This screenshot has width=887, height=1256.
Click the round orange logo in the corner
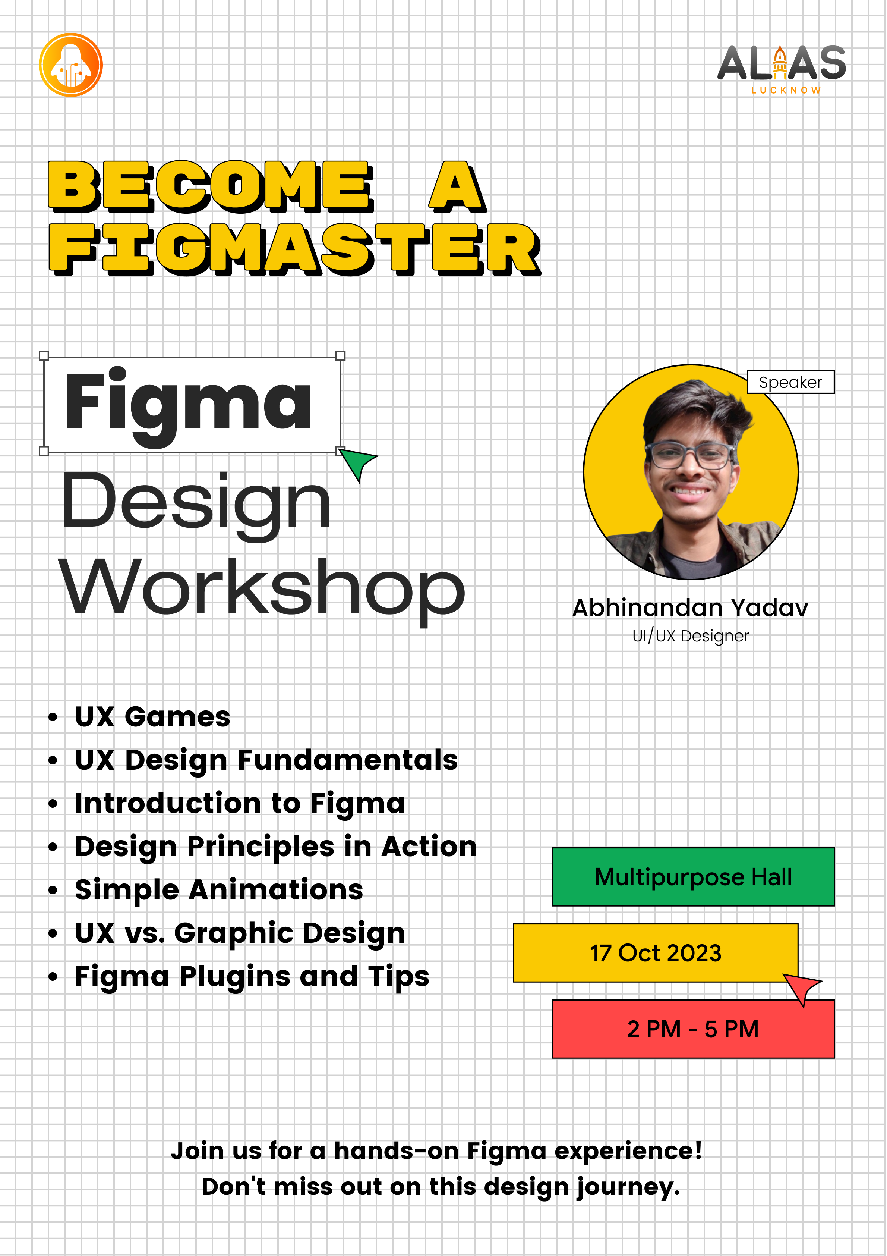(70, 65)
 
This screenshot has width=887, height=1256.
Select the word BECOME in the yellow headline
(211, 186)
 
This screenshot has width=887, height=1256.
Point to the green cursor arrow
(357, 464)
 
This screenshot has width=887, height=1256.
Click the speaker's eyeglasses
(689, 455)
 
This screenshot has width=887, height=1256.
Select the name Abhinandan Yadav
(690, 608)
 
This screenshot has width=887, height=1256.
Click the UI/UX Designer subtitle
(690, 636)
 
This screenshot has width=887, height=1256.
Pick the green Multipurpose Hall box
(693, 877)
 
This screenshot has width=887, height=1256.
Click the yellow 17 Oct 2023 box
(655, 953)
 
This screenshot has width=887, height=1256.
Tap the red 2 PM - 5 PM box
(693, 1029)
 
